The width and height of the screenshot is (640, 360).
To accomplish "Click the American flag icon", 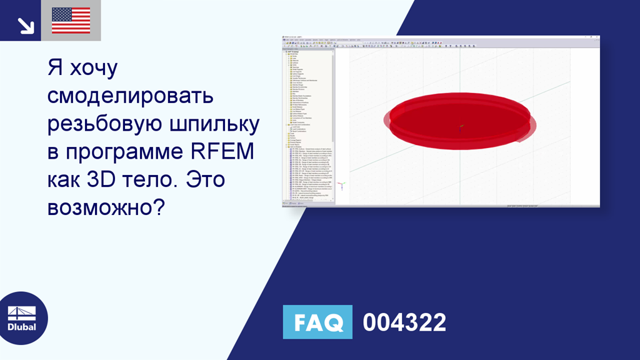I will [71, 21].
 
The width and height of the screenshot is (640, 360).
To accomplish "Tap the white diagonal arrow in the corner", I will [25, 25].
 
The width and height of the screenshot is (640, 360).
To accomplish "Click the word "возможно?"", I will [106, 207].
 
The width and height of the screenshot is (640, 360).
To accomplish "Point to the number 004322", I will [404, 322].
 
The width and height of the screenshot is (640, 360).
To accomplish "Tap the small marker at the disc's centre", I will [461, 127].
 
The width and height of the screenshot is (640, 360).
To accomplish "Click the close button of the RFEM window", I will [597, 37].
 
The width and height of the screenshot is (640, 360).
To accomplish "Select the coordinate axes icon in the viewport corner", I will [341, 186].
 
